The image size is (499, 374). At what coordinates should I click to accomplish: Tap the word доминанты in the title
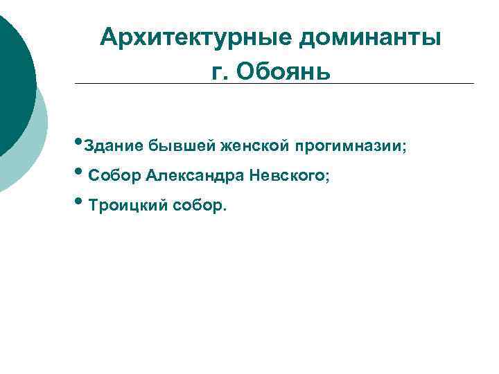370,36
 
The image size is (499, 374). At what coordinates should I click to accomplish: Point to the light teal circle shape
35,152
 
